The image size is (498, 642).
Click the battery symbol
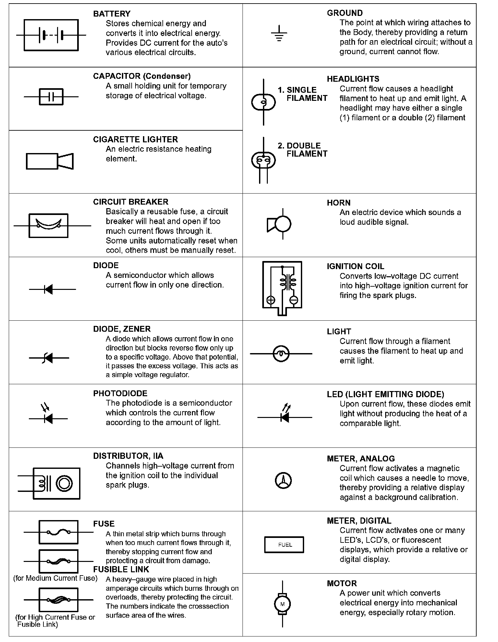51,35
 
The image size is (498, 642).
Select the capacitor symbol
51,97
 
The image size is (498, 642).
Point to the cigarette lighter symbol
50,161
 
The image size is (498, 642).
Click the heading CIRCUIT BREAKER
131,202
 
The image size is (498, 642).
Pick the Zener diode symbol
49,358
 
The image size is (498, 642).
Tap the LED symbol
285,415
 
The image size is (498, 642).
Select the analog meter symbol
283,481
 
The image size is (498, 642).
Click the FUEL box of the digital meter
284,545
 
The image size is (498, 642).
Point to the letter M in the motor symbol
282,604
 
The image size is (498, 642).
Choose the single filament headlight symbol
264,102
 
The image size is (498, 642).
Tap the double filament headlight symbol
264,160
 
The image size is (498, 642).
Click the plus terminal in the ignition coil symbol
271,300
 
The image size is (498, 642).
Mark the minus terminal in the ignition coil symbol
294,300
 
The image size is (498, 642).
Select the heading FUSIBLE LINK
121,569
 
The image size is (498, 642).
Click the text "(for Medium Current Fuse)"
55,578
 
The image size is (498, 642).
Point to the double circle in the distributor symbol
64,483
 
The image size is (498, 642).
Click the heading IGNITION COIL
355,266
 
